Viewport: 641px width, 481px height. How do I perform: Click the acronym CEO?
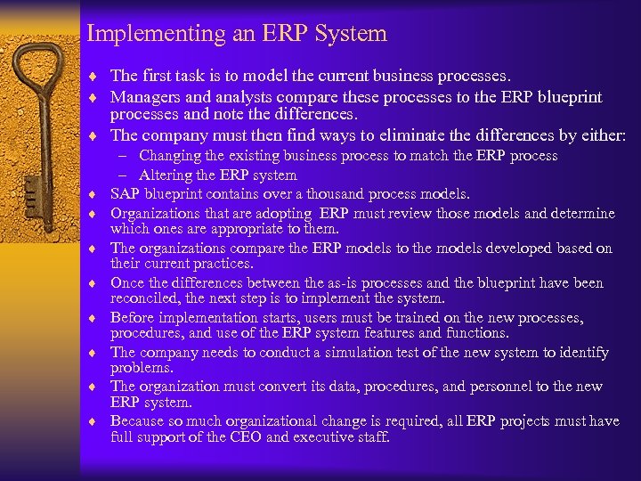coord(240,437)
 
